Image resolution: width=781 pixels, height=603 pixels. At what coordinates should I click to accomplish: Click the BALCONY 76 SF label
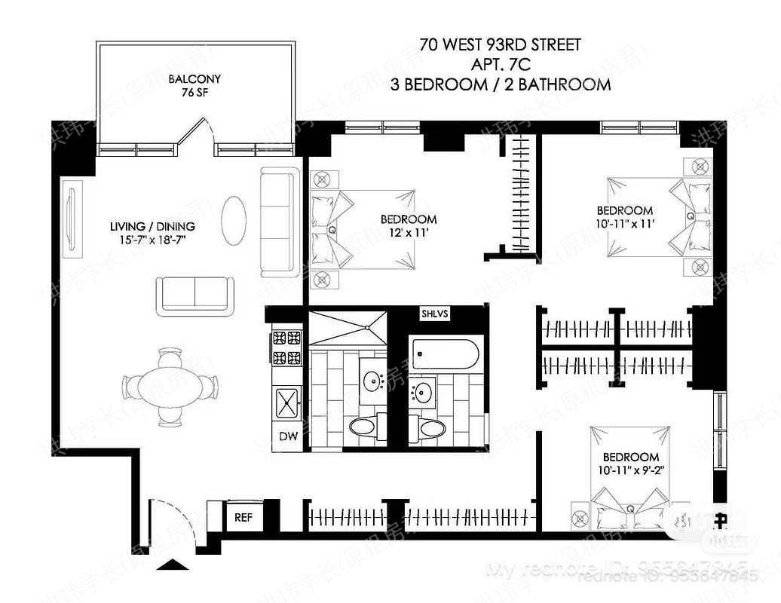pyautogui.click(x=194, y=86)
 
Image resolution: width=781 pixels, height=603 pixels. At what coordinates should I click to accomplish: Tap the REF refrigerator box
pyautogui.click(x=243, y=518)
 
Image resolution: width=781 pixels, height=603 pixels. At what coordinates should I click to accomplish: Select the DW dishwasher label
pyautogui.click(x=288, y=436)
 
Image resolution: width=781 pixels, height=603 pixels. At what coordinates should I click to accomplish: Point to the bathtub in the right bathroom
pyautogui.click(x=445, y=354)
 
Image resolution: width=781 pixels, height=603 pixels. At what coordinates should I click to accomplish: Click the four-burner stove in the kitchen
pyautogui.click(x=286, y=347)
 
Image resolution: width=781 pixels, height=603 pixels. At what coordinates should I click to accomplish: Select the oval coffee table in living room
pyautogui.click(x=234, y=219)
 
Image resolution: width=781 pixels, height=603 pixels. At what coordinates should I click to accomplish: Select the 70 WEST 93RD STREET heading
pyautogui.click(x=501, y=45)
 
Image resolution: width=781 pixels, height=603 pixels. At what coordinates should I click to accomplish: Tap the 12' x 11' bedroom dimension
pyautogui.click(x=409, y=233)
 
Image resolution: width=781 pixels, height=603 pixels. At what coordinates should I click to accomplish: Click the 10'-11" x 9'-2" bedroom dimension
pyautogui.click(x=631, y=471)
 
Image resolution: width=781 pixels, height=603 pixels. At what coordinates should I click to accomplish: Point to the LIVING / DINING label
pyautogui.click(x=152, y=233)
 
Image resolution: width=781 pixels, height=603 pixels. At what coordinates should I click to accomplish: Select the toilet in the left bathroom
pyautogui.click(x=363, y=427)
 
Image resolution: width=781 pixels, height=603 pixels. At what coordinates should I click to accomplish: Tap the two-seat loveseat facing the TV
pyautogui.click(x=194, y=295)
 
